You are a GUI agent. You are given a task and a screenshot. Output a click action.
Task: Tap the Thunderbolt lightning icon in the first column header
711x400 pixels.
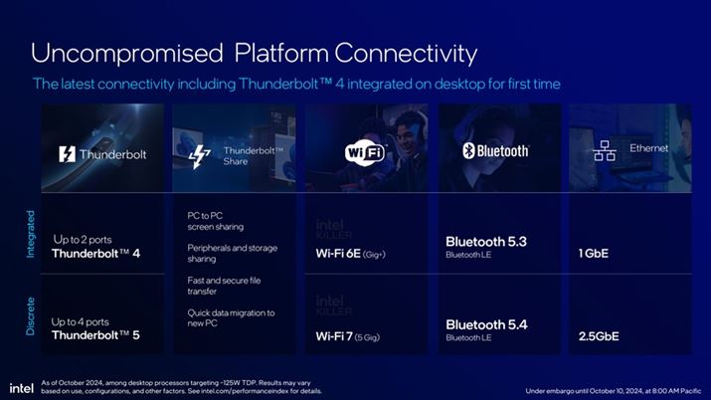click(x=66, y=155)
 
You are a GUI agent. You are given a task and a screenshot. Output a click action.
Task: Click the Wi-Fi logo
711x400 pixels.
click(x=365, y=152)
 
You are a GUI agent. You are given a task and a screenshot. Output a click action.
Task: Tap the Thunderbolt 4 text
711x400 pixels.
click(x=95, y=254)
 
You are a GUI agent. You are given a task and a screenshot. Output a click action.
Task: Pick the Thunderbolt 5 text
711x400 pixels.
click(x=95, y=335)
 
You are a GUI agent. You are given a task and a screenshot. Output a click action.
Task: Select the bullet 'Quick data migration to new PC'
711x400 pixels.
click(x=230, y=318)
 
